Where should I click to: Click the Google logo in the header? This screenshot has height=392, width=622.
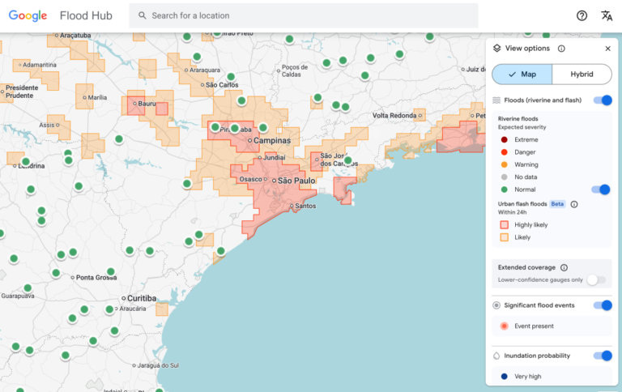(x=29, y=15)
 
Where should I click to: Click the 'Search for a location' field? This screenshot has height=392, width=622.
(x=308, y=15)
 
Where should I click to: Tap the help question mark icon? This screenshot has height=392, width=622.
(x=582, y=15)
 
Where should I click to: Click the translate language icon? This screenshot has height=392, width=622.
(x=606, y=15)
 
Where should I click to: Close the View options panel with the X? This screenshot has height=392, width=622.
(x=607, y=49)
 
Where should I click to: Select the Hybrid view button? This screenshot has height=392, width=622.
(x=582, y=75)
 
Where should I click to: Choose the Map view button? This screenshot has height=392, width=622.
(x=522, y=75)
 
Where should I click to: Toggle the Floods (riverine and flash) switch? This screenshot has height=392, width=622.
(x=603, y=100)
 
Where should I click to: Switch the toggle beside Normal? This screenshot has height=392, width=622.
(x=600, y=190)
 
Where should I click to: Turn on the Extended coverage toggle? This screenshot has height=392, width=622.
(x=596, y=279)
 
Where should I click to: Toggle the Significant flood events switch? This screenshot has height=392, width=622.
(x=603, y=305)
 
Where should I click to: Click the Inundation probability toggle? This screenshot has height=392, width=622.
(x=603, y=356)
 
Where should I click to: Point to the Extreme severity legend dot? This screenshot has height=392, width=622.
(x=504, y=140)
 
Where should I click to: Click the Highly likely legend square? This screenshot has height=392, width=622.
(x=504, y=224)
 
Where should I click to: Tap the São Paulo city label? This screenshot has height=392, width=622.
(x=296, y=181)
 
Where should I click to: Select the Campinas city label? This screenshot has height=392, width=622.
(x=271, y=141)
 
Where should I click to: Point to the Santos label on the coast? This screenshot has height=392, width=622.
(x=305, y=206)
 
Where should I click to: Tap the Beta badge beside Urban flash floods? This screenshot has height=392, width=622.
(x=557, y=204)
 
